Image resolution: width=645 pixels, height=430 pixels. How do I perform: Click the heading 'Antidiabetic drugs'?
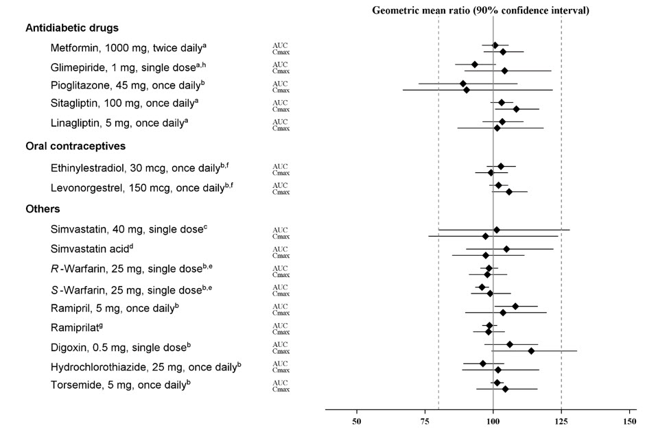click(72, 28)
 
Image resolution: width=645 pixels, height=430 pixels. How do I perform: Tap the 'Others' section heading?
click(43, 208)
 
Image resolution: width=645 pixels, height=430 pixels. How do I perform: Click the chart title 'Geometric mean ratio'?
click(480, 10)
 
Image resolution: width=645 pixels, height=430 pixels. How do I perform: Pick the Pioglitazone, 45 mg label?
click(128, 86)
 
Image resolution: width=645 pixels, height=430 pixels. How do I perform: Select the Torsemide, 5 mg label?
click(121, 384)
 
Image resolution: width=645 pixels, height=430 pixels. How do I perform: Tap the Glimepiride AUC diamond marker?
click(475, 64)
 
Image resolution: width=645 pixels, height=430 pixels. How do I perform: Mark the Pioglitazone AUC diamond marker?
click(463, 84)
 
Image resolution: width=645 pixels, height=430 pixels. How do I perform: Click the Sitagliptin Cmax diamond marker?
click(517, 109)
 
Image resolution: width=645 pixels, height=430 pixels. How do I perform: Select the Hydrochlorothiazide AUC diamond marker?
click(483, 363)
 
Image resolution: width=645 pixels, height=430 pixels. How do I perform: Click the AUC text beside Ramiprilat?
click(280, 325)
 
